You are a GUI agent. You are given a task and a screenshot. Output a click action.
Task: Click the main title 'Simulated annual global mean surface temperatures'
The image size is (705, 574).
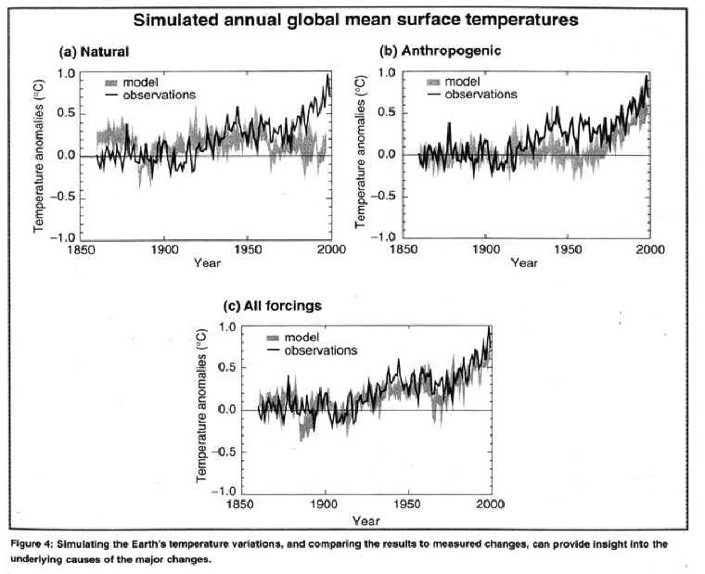(355, 20)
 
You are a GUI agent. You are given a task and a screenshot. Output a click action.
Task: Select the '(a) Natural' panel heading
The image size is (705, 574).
(94, 52)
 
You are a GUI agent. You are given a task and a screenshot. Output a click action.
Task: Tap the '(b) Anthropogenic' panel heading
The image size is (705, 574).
(441, 51)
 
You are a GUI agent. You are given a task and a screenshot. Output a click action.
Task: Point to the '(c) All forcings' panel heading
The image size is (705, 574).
(273, 306)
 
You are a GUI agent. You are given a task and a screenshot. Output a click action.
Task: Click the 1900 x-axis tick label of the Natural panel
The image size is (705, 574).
(164, 249)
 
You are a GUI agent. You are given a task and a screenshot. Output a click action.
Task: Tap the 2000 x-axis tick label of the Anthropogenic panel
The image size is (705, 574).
(650, 249)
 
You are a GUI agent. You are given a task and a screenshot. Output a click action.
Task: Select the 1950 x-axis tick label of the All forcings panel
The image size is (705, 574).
(407, 504)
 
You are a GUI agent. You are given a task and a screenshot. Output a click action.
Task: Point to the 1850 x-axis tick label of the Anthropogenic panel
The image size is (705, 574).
(404, 249)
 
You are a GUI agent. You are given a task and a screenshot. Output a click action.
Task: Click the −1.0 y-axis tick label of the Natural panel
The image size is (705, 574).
(62, 238)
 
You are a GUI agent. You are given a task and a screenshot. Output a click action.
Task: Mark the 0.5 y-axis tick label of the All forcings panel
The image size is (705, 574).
(227, 368)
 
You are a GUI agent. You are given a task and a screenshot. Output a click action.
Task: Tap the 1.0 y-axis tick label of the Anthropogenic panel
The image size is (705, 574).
(386, 73)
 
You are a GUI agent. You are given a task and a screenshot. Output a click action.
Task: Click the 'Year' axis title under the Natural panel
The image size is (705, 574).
(207, 263)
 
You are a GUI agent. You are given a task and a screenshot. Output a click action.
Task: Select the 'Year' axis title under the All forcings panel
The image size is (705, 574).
(366, 521)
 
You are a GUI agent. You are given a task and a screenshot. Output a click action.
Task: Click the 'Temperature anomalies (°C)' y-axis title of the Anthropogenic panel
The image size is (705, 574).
(360, 152)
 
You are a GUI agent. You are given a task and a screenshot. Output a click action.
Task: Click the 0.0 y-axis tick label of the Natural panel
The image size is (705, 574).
(67, 156)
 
